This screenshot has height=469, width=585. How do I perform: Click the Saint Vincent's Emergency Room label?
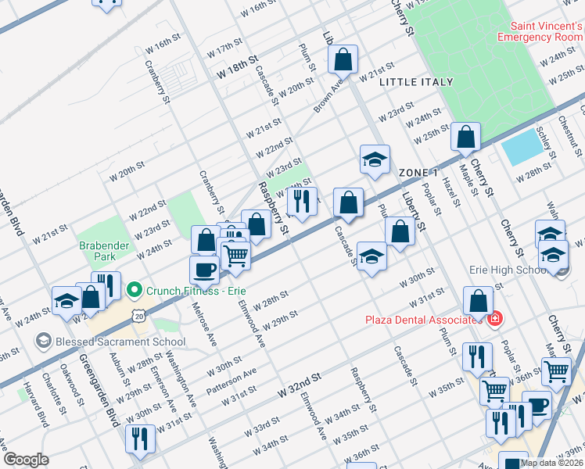click(540, 30)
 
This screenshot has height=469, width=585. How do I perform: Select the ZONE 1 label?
click(418, 172)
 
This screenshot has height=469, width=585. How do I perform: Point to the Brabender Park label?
click(102, 250)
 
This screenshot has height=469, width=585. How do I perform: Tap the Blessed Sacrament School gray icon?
click(43, 341)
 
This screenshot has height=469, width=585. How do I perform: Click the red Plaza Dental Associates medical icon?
click(493, 319)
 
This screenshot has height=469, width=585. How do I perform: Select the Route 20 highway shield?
click(138, 314)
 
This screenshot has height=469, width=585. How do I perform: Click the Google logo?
click(26, 460)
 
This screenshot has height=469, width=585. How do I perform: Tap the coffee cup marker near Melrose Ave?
click(205, 269)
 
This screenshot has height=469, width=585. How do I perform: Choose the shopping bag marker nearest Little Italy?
click(343, 58)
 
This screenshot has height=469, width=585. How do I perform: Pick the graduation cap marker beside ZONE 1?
click(375, 159)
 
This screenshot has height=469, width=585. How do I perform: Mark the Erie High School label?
click(507, 270)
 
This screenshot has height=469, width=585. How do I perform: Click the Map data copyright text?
click(551, 462)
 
